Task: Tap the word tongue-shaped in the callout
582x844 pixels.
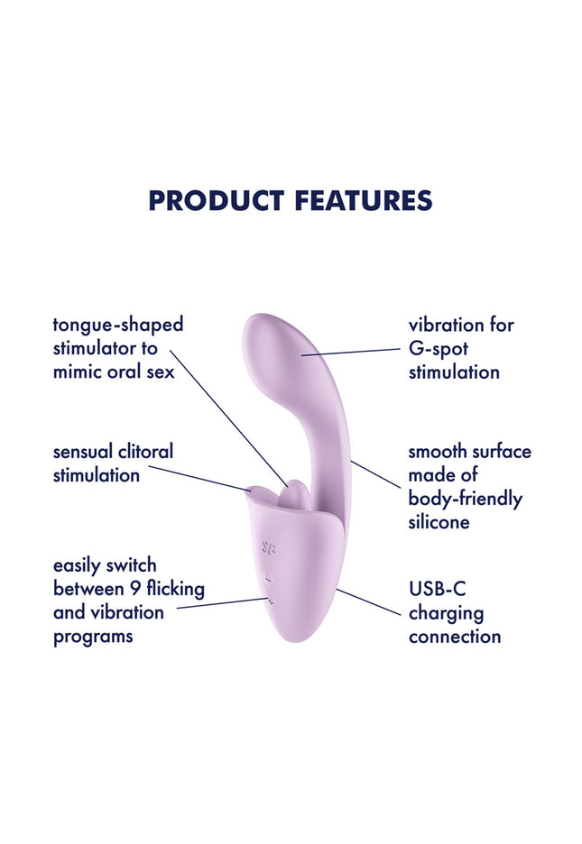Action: click(117, 325)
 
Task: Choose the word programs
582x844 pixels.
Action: click(93, 636)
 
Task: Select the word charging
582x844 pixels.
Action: click(446, 613)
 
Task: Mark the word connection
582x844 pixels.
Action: click(455, 637)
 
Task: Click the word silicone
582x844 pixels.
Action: click(439, 521)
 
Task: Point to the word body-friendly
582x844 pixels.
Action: click(465, 498)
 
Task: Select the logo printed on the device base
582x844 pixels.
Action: click(269, 546)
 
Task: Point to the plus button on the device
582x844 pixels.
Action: click(268, 599)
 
